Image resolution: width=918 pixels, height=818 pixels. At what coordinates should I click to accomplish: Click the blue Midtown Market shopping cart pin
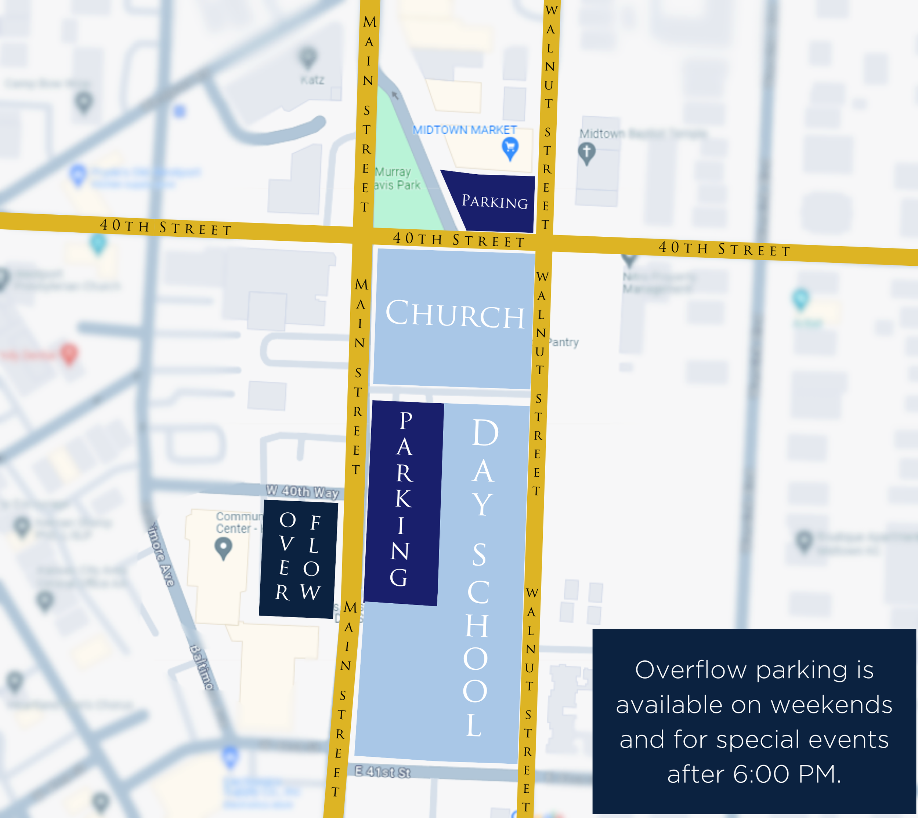(x=510, y=148)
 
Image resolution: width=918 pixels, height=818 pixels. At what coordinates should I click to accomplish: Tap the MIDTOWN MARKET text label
(x=465, y=130)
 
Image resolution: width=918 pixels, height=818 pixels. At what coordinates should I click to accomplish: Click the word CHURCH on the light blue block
(x=455, y=314)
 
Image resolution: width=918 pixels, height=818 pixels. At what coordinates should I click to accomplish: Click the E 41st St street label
(x=383, y=772)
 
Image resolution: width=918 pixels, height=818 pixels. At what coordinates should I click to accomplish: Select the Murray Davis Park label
(x=396, y=178)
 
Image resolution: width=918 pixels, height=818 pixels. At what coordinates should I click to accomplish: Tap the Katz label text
(x=312, y=80)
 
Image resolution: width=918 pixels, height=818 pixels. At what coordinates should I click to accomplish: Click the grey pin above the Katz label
(x=308, y=57)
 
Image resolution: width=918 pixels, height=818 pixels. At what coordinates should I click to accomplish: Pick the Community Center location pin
(x=223, y=548)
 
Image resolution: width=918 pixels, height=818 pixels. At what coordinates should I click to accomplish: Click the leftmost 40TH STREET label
(x=166, y=226)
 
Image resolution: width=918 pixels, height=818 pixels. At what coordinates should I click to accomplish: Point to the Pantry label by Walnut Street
(x=564, y=342)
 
